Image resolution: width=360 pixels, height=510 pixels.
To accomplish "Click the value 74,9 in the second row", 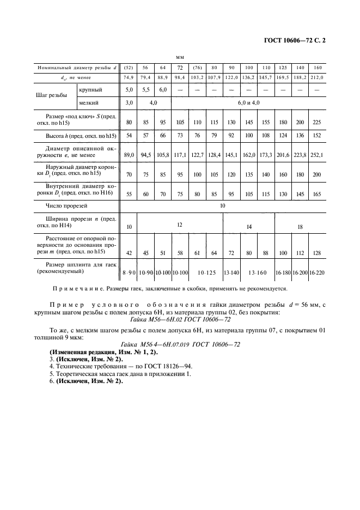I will coord(129,77).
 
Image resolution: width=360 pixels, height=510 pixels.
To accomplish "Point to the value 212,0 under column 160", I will coord(318,77).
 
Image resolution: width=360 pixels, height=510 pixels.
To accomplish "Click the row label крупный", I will coord(90,89).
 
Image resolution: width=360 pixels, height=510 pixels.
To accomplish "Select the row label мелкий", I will coord(89,102).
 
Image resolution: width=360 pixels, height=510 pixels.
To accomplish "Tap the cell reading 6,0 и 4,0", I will coord(248,102).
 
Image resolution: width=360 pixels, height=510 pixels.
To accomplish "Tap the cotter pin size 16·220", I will coord(318,271).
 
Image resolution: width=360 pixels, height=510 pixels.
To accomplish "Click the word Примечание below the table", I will coord(76,289).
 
